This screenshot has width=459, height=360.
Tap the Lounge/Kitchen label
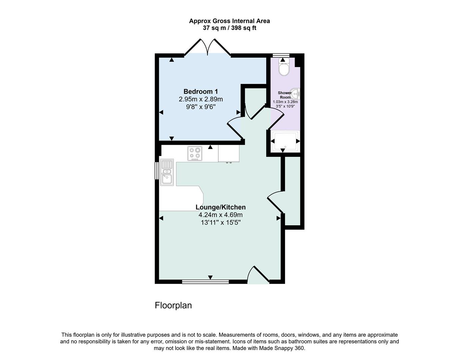tap(221, 207)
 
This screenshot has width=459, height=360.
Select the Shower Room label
tap(285, 95)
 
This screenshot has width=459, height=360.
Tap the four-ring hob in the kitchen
tap(195, 154)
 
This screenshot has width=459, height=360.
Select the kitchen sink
tap(167, 172)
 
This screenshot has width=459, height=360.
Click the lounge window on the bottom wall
tap(206, 282)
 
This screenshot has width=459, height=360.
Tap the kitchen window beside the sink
tap(157, 171)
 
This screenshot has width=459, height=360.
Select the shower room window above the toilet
tap(281, 55)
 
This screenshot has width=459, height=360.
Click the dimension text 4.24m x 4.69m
tap(221, 215)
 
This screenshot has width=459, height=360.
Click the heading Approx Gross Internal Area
tap(230, 21)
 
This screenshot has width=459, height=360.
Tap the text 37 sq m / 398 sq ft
tap(230, 28)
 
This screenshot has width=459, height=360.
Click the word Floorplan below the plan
tap(173, 305)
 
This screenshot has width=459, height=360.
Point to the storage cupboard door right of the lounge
tap(275, 202)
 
